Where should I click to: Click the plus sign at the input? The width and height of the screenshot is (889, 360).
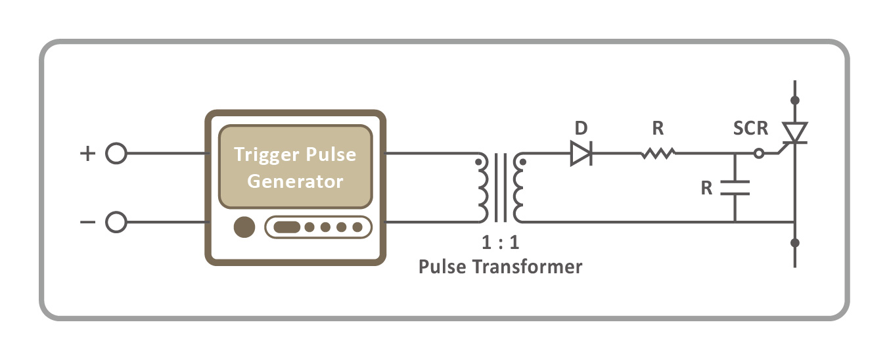pos(87,154)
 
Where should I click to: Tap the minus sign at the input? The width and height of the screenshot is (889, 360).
pos(87,222)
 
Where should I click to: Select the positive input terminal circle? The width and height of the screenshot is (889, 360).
pos(116,154)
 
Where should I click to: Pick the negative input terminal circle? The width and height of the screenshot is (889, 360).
pos(116,222)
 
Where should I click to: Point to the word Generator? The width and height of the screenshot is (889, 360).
pos(295,181)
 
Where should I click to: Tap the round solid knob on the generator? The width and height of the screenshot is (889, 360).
pos(244,227)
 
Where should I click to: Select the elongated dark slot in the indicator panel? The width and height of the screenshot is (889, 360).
pos(286,227)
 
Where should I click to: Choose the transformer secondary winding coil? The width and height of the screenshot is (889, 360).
pos(519,189)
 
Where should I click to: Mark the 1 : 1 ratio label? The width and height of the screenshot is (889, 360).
pos(500,242)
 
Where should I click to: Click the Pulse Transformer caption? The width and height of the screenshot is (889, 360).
pos(500,267)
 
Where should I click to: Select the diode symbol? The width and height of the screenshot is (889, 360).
pos(581,154)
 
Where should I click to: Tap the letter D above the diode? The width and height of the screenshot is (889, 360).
pos(580,127)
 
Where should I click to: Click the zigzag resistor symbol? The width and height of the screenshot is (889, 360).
pos(658,154)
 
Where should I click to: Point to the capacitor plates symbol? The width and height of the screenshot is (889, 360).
pos(734,187)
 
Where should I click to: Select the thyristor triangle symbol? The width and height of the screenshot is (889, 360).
pos(796,133)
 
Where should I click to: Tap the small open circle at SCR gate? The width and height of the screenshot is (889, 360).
pos(758,154)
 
